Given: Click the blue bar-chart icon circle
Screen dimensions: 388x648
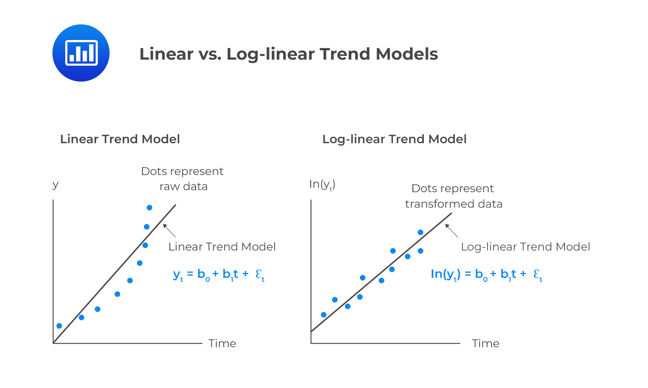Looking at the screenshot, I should click(x=81, y=53).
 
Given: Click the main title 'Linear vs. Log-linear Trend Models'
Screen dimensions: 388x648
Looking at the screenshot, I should click(x=289, y=54).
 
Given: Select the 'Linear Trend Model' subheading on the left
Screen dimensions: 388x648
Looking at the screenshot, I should click(x=120, y=139).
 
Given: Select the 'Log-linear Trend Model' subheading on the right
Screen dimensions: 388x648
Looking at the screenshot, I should click(x=394, y=139).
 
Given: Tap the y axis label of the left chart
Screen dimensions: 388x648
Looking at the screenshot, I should click(x=55, y=184).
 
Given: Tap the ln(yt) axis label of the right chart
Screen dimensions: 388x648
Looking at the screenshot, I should click(x=322, y=184).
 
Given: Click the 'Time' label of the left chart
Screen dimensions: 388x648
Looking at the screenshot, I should click(x=222, y=343).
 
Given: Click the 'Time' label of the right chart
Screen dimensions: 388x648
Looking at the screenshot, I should click(x=485, y=343).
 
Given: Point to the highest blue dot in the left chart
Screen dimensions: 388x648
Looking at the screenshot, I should click(x=150, y=208).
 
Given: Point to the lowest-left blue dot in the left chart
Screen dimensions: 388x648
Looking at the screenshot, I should click(x=59, y=326).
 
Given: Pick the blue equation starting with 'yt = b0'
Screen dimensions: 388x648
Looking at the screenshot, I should click(x=219, y=274).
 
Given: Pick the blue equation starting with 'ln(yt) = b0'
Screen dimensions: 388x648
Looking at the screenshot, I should click(x=486, y=274).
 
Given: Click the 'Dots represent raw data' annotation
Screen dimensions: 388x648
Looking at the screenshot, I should click(x=183, y=179).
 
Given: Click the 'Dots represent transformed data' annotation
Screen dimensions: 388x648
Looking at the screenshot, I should click(x=453, y=196).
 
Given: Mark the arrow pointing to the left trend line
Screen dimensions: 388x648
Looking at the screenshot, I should click(x=169, y=231).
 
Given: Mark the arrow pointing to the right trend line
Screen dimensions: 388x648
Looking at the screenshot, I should click(x=451, y=231).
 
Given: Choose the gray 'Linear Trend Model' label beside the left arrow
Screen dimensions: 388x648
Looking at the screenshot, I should click(x=222, y=247).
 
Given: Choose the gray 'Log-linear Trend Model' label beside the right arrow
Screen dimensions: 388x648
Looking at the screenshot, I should click(x=525, y=247).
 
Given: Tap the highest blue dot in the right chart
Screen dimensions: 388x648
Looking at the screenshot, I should click(x=421, y=233).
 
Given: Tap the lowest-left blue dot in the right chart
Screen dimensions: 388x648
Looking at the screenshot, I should click(x=324, y=315).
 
